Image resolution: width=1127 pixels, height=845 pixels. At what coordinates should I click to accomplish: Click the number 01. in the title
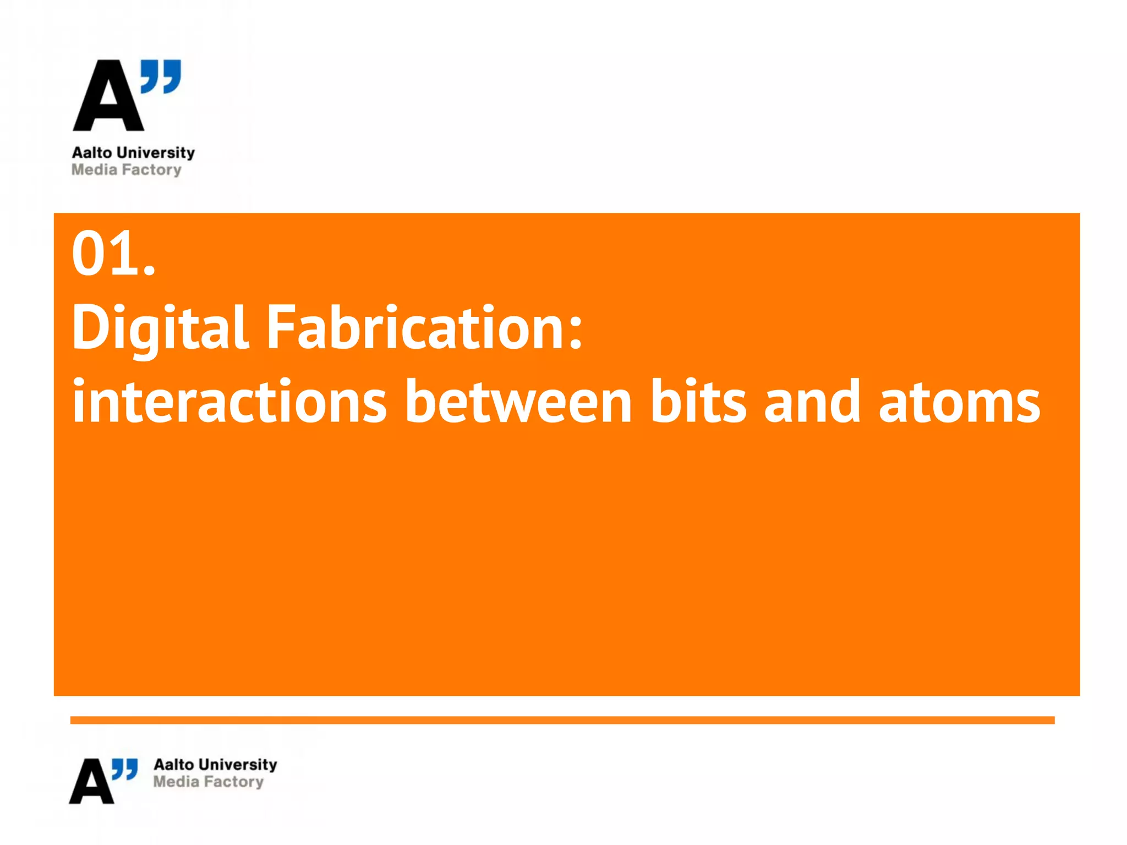coord(113,254)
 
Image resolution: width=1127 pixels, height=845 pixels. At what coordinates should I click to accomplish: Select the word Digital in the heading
coord(160,328)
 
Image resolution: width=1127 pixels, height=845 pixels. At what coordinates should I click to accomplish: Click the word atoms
coord(959,403)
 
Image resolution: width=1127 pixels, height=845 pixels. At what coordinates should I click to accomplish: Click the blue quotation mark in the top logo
coord(161,76)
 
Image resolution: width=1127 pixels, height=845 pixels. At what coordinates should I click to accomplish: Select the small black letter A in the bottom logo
coord(91,782)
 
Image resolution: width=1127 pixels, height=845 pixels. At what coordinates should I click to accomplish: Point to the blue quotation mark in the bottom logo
coord(125,769)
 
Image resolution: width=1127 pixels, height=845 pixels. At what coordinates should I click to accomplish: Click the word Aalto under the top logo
coord(92,152)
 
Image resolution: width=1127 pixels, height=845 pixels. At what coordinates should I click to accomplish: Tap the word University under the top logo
coord(156,153)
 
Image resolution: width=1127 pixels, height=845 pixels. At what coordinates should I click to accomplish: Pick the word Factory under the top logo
coord(151,170)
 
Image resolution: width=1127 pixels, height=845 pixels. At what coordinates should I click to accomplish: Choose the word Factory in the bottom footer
coord(233,782)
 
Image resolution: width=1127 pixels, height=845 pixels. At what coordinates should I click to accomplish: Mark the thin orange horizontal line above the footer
coord(562,720)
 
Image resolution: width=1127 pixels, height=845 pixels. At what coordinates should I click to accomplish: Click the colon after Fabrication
coord(575,334)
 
